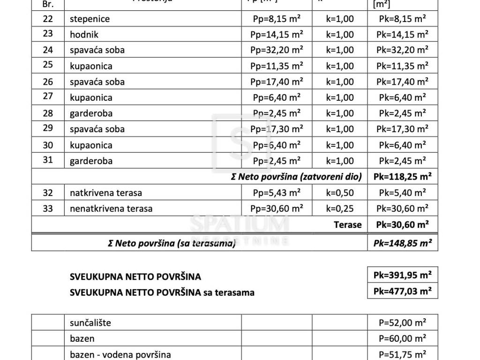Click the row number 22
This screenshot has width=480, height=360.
pyautogui.click(x=48, y=19)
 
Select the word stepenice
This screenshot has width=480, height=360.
pyautogui.click(x=90, y=19)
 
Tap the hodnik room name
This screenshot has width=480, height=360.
pyautogui.click(x=84, y=34)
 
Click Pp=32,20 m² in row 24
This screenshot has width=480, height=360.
pyautogui.click(x=277, y=50)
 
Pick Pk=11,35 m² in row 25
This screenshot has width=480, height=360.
pyautogui.click(x=403, y=66)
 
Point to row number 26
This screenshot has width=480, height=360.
pyautogui.click(x=48, y=82)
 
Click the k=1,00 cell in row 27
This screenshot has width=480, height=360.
pyautogui.click(x=340, y=97)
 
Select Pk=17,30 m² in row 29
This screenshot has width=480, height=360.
pyautogui.click(x=403, y=129)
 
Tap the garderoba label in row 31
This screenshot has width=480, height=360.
pyautogui.click(x=91, y=161)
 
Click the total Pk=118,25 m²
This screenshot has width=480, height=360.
pyautogui.click(x=403, y=177)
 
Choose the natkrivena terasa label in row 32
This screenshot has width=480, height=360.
pyautogui.click(x=106, y=193)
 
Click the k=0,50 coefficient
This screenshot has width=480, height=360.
pyautogui.click(x=340, y=193)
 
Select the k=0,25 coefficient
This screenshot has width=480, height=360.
pyautogui.click(x=340, y=209)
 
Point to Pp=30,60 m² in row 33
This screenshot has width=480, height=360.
pyautogui.click(x=277, y=209)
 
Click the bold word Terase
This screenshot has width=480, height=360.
pyautogui.click(x=348, y=225)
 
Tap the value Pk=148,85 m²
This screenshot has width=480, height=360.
pyautogui.click(x=403, y=243)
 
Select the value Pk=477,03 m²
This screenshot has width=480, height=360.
pyautogui.click(x=403, y=291)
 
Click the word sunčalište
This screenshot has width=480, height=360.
pyautogui.click(x=91, y=322)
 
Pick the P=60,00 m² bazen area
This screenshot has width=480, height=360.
pyautogui.click(x=403, y=338)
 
